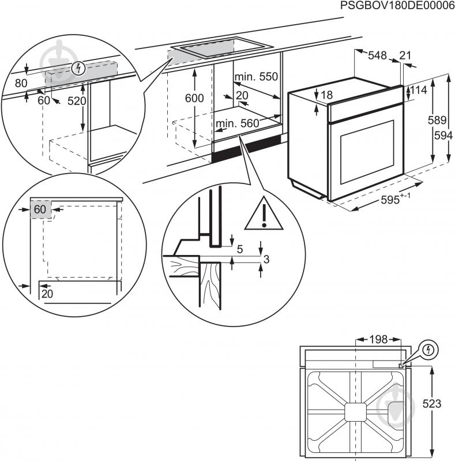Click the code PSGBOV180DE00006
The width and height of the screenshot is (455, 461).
[x=397, y=6]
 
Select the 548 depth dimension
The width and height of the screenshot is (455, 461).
[x=377, y=56]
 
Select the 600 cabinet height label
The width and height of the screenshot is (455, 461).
[x=194, y=99]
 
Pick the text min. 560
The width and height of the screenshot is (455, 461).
[x=238, y=123]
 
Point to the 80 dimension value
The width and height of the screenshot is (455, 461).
[x=21, y=83]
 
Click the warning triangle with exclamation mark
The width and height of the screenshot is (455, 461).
[x=264, y=215]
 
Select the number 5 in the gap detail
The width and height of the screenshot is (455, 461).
[x=239, y=249]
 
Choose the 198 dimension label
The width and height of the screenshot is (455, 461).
[x=378, y=339]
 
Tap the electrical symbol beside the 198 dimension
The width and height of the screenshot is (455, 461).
[x=429, y=350]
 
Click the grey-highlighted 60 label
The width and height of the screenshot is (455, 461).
[x=39, y=209]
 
